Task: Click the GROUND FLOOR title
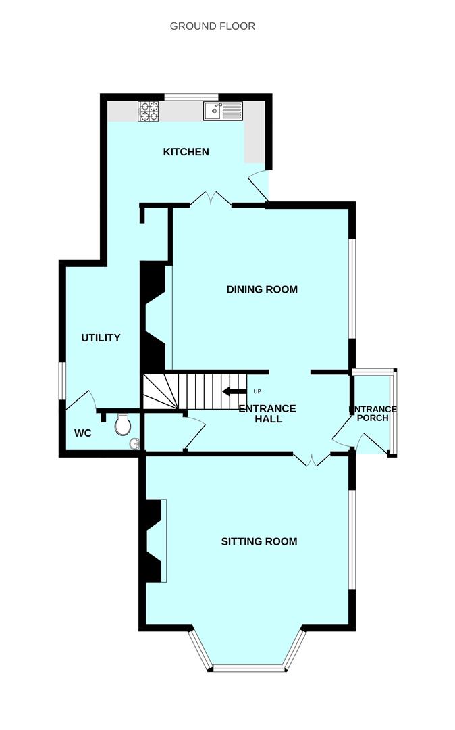(212, 26)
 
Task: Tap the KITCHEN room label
(186, 152)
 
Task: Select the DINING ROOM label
(261, 289)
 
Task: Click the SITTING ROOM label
(259, 541)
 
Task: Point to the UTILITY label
(101, 337)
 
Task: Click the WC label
(82, 433)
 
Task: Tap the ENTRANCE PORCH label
(373, 414)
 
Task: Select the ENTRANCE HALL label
(267, 414)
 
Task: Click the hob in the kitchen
(149, 111)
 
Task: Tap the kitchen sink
(223, 111)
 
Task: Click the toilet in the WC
(123, 424)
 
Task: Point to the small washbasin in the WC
(136, 444)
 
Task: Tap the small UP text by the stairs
(257, 391)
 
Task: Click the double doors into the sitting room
(311, 460)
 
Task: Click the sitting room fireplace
(154, 541)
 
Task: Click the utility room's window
(61, 381)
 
